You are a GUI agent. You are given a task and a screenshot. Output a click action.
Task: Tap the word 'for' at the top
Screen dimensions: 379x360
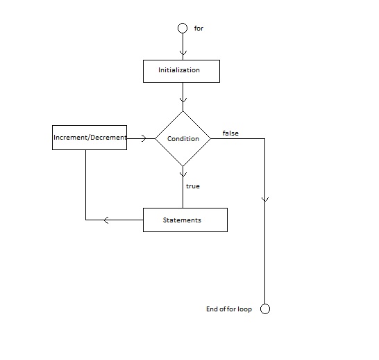tap(199, 28)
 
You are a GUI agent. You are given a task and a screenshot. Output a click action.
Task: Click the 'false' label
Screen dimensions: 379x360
tap(230, 133)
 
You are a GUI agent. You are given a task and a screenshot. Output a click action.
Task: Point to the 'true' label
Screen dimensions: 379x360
tap(193, 186)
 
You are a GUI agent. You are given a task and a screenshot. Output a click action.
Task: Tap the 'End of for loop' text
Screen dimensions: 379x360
tap(229, 309)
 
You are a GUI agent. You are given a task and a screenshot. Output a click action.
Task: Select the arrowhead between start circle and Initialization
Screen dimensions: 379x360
tap(183, 53)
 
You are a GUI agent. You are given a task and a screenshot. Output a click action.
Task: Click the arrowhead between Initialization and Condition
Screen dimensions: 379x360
tap(183, 100)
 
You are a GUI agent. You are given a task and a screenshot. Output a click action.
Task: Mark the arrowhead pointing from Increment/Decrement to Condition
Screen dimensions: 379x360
tap(144, 138)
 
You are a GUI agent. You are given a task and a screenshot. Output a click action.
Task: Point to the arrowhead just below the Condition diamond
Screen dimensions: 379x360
tap(183, 174)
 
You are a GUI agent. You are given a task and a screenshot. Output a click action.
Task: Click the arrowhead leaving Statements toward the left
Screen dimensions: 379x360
tap(106, 220)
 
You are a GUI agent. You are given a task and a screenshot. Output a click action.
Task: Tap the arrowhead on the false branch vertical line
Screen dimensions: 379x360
tap(265, 199)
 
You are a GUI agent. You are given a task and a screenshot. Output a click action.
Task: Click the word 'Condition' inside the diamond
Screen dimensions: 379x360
tap(183, 139)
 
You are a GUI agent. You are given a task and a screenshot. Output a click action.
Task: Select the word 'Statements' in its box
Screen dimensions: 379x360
tap(182, 220)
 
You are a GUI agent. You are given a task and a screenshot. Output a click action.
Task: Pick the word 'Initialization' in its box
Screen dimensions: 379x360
tap(179, 70)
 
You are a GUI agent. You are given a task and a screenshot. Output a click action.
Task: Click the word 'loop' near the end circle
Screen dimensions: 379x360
tap(244, 309)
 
